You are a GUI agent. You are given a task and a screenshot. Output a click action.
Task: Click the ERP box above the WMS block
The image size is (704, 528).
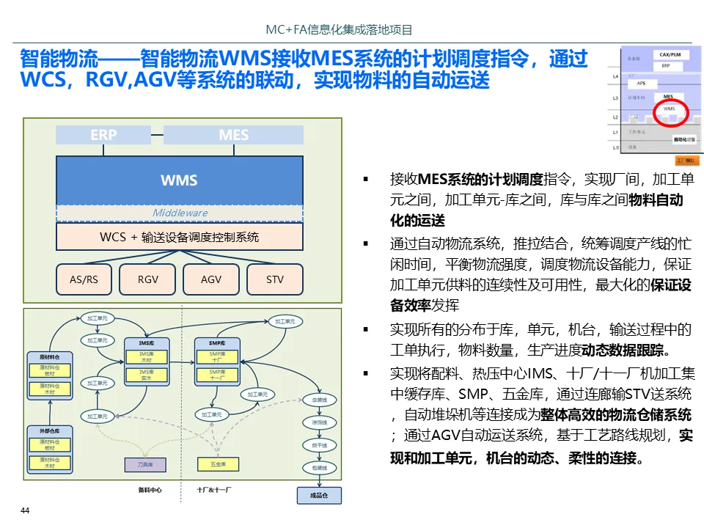pos(103,135)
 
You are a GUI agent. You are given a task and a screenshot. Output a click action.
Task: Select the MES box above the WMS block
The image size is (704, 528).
pos(233,135)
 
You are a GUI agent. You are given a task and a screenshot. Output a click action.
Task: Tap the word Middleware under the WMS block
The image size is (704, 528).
pos(180,213)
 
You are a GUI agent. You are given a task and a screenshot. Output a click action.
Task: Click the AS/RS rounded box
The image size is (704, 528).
pos(84,279)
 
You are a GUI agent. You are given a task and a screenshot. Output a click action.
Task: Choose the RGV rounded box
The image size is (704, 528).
pos(147,279)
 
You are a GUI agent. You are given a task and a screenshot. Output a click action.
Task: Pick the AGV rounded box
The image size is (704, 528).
pos(211,279)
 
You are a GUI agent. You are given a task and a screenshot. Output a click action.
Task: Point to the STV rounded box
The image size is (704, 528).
pos(275,279)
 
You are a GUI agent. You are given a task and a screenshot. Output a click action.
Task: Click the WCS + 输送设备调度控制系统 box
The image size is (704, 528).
pos(180,237)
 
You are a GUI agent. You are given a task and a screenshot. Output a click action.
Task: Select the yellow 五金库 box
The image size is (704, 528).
pos(218,464)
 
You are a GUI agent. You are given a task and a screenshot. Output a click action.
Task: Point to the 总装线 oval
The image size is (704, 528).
pos(319,400)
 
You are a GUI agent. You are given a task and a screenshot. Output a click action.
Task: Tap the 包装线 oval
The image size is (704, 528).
pos(319,467)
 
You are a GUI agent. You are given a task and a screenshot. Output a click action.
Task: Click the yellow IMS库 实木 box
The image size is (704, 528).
pos(146,375)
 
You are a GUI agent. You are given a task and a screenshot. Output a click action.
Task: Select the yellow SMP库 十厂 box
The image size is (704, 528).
pos(218,357)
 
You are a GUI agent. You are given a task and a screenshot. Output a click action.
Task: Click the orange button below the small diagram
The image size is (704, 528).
pos(686,160)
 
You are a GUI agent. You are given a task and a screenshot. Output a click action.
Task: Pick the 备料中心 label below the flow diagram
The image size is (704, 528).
pos(150,490)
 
